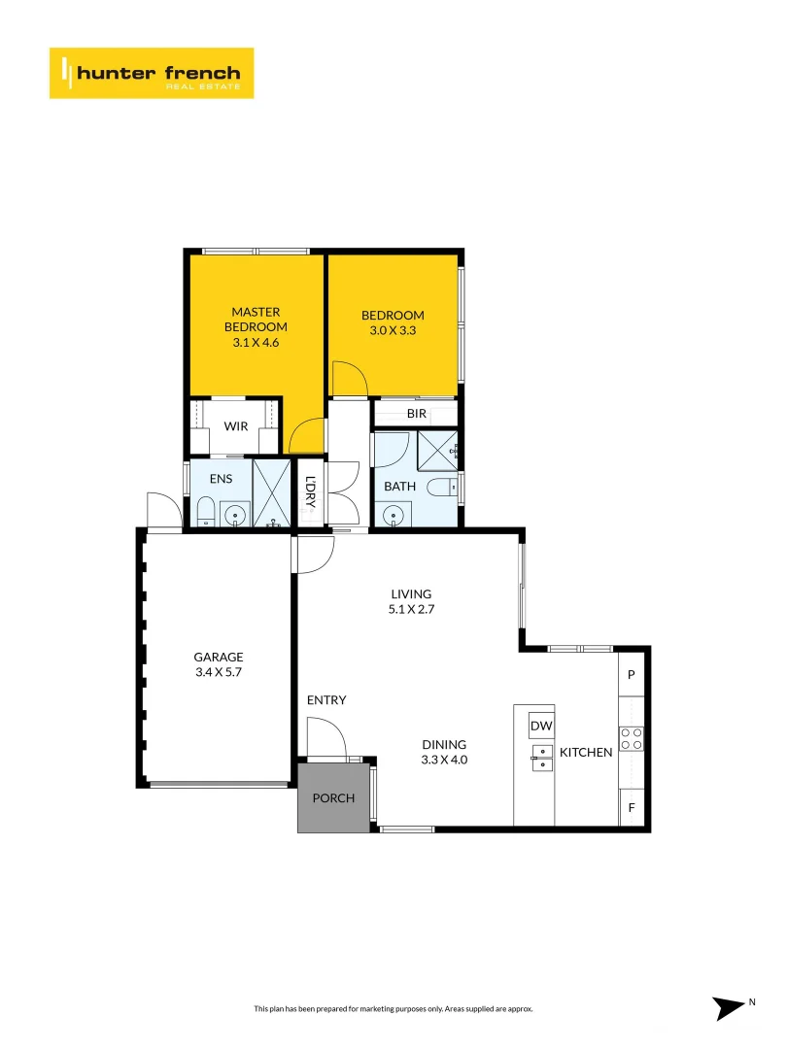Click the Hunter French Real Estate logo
pyautogui.click(x=152, y=73)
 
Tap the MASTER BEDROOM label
pyautogui.click(x=256, y=320)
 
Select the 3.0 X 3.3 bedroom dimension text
pyautogui.click(x=393, y=330)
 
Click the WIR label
pyautogui.click(x=235, y=426)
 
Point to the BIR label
pyautogui.click(x=416, y=414)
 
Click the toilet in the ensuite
pyautogui.click(x=205, y=512)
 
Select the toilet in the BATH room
pyautogui.click(x=442, y=488)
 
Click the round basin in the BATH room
pyautogui.click(x=393, y=515)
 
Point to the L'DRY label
pyautogui.click(x=310, y=491)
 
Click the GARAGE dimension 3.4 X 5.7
pyautogui.click(x=219, y=672)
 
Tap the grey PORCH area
pyautogui.click(x=333, y=797)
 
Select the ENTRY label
pyautogui.click(x=326, y=699)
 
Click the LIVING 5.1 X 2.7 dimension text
pyautogui.click(x=411, y=609)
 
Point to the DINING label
pyautogui.click(x=444, y=745)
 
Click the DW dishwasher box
pyautogui.click(x=541, y=726)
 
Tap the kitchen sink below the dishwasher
pyautogui.click(x=542, y=758)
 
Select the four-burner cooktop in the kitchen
pyautogui.click(x=632, y=738)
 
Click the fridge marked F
pyautogui.click(x=632, y=807)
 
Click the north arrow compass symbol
pyautogui.click(x=729, y=1007)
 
